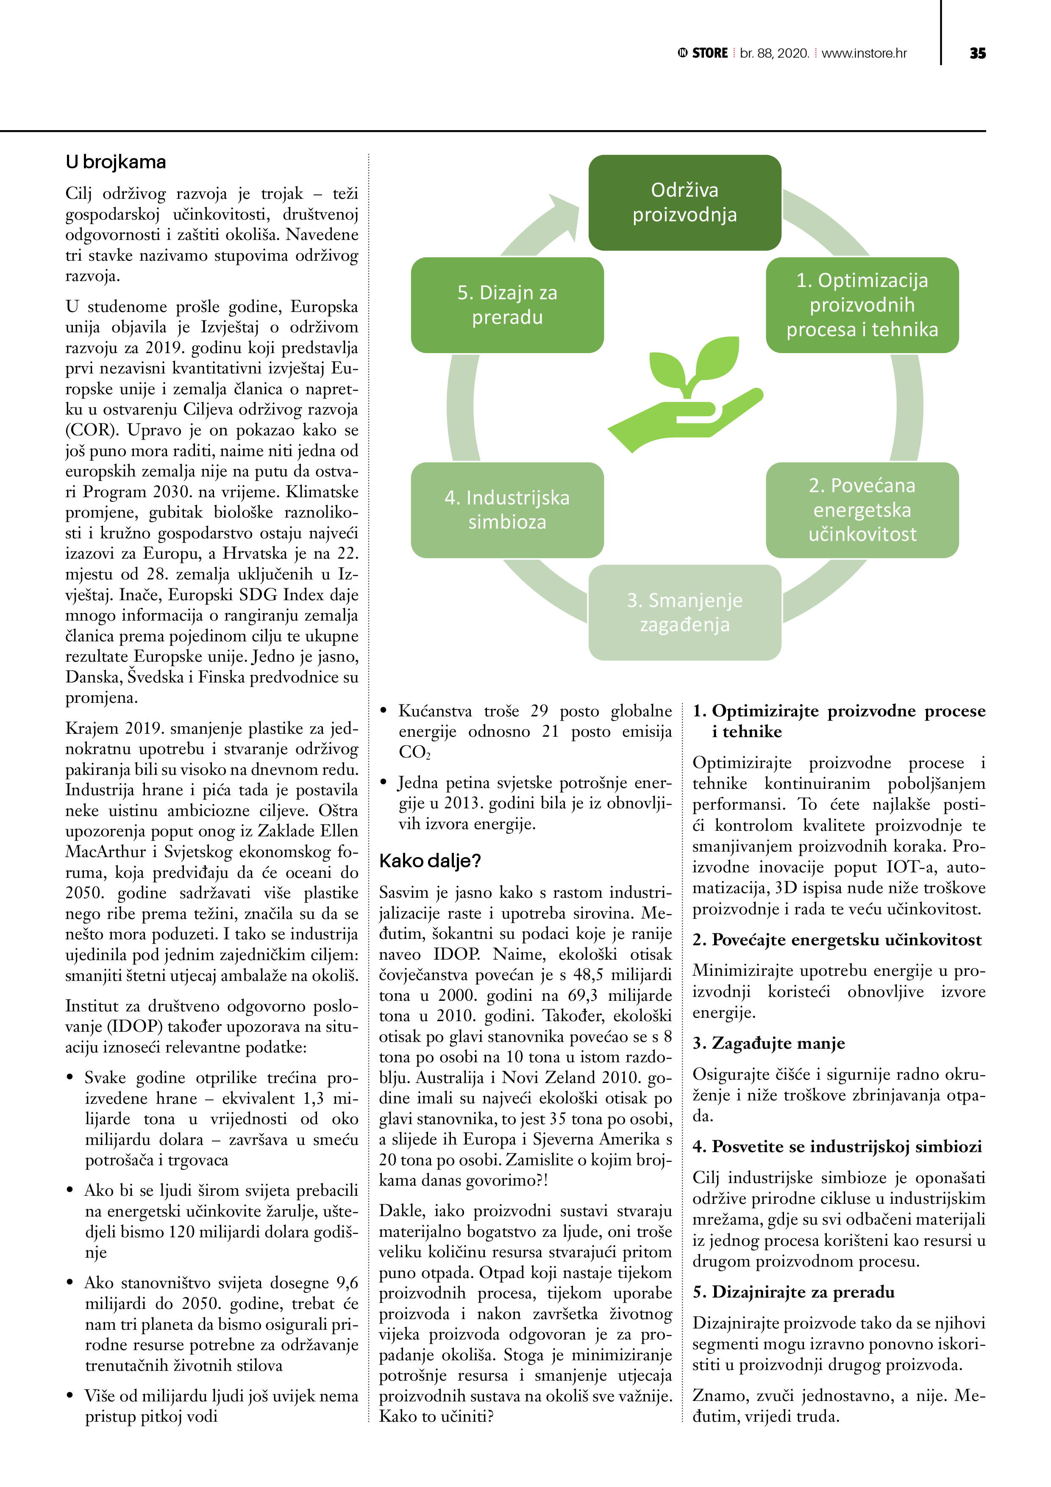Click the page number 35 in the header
(x=977, y=53)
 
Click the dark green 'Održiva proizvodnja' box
(x=684, y=203)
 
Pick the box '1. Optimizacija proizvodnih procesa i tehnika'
(x=862, y=305)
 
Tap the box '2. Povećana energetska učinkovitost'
(x=862, y=510)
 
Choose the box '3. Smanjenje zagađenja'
(x=684, y=612)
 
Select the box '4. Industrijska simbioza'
(x=507, y=510)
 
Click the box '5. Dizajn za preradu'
(x=507, y=305)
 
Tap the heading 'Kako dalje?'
(x=430, y=861)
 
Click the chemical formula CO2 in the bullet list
(x=415, y=752)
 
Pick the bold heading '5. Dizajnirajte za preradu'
(x=793, y=1292)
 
